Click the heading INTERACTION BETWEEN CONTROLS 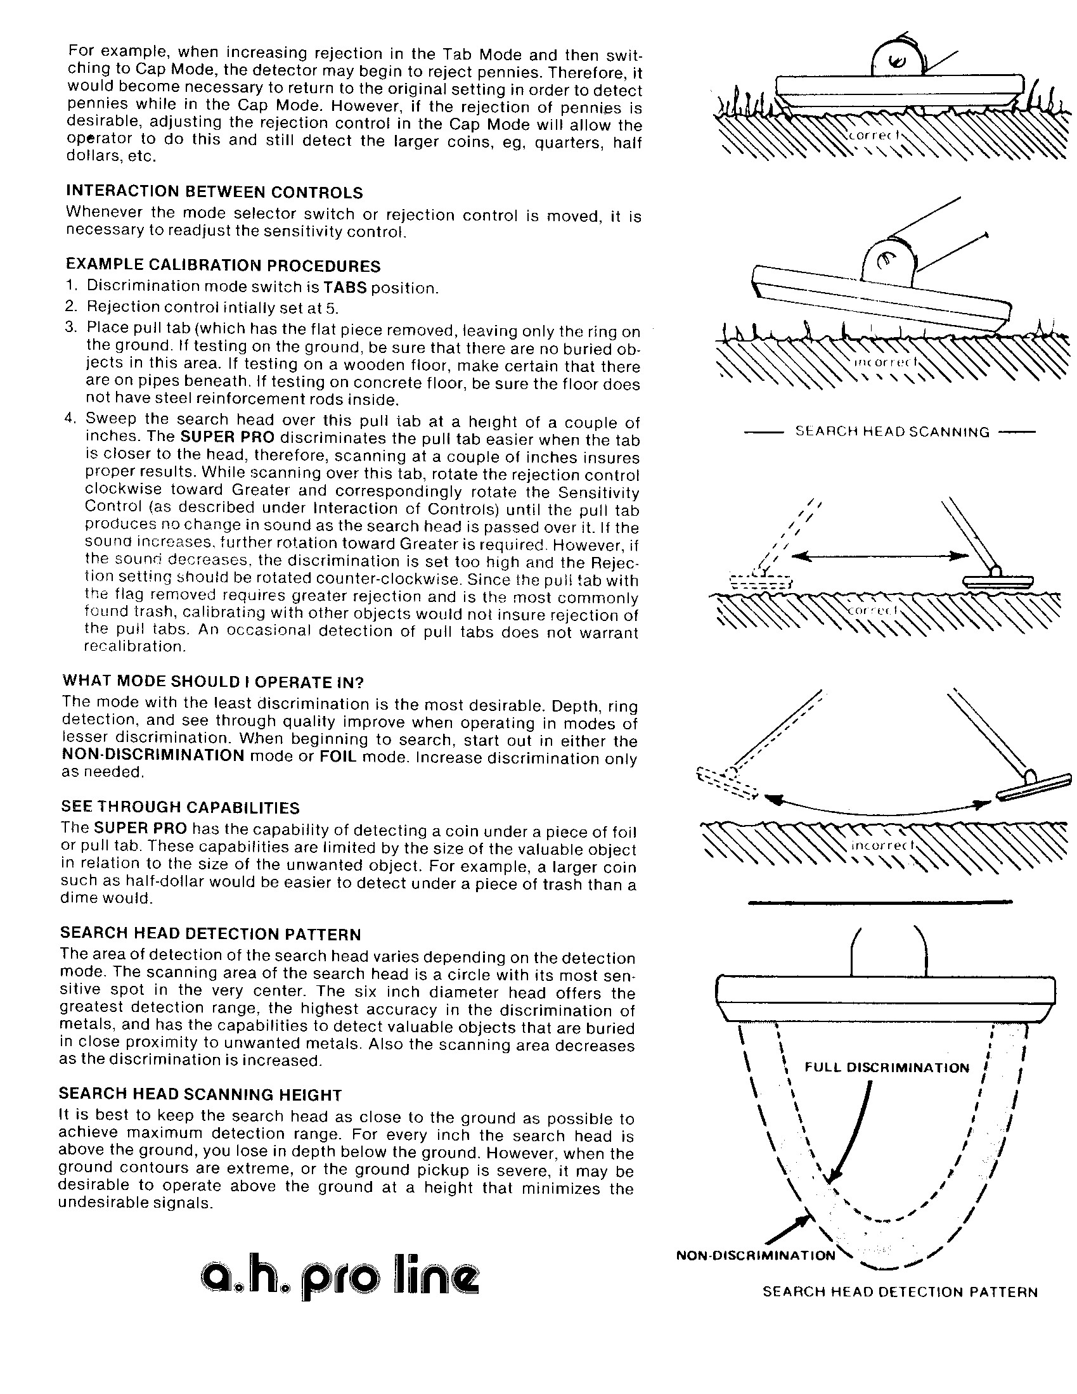(x=214, y=193)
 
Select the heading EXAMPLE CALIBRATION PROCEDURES (x=222, y=265)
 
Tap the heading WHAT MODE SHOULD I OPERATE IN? (x=212, y=682)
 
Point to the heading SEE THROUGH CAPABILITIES (x=180, y=807)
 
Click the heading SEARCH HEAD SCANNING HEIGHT (x=200, y=1095)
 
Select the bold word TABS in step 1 (x=345, y=287)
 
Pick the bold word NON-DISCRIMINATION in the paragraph (x=153, y=756)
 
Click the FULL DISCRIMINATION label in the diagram (x=886, y=1068)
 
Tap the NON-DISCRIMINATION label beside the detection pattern (x=755, y=1255)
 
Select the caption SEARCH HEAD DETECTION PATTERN (x=900, y=1293)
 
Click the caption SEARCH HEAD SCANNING (x=892, y=432)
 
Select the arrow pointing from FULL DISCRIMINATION (x=850, y=1130)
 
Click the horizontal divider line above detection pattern (x=880, y=902)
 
